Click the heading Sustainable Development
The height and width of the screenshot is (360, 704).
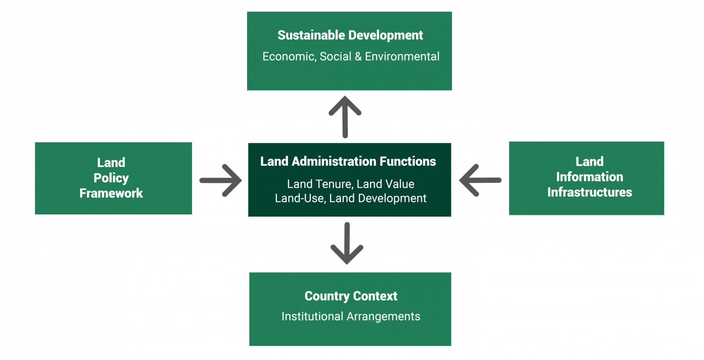pos(350,35)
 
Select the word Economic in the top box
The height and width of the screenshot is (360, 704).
pos(288,56)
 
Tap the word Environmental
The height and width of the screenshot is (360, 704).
pos(402,56)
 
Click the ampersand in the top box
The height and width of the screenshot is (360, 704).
pos(357,56)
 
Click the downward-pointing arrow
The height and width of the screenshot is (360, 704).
pos(347,243)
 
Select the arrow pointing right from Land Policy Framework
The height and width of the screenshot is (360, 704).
pos(220,180)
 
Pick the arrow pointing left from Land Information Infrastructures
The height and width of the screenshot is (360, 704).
pos(480,180)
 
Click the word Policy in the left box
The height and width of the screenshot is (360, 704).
pos(111,178)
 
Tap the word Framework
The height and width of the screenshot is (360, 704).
pos(111,193)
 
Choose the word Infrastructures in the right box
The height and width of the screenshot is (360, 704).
pos(589,192)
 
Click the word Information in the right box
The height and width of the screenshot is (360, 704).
pos(589,177)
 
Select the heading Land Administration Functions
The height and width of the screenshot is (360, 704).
pos(348,161)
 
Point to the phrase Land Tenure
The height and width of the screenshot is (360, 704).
pos(319,184)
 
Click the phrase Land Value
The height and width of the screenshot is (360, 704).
pos(385,184)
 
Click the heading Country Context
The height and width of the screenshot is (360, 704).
pos(351,296)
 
